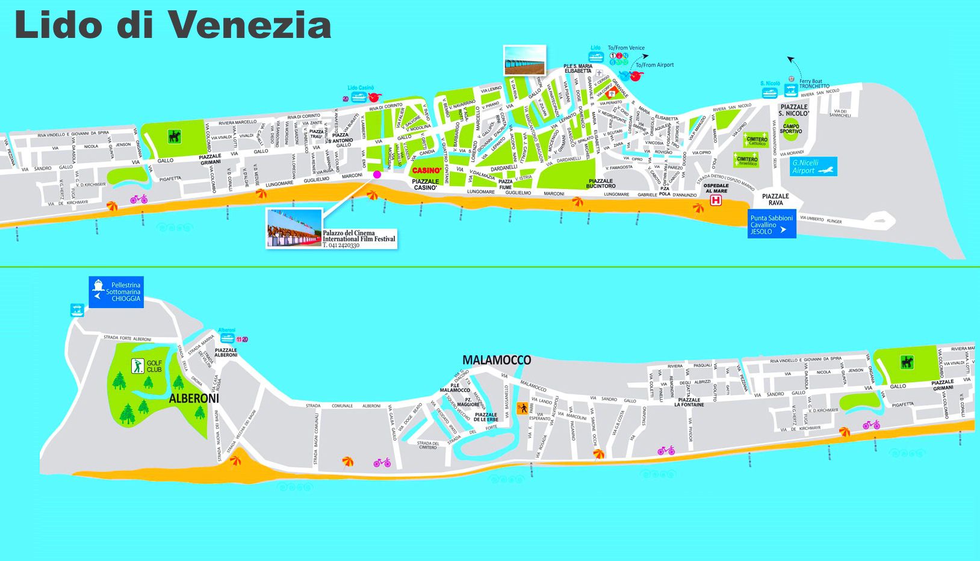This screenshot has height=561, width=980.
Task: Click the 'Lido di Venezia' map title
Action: pyautogui.click(x=173, y=25)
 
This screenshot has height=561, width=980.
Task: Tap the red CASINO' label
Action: pyautogui.click(x=426, y=170)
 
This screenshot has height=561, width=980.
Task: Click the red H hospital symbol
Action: pyautogui.click(x=716, y=200)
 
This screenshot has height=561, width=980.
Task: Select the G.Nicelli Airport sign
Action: pyautogui.click(x=813, y=167)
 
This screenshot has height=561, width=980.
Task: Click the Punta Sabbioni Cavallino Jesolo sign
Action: pyautogui.click(x=772, y=225)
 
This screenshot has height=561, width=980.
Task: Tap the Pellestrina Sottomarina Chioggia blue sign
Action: pyautogui.click(x=117, y=292)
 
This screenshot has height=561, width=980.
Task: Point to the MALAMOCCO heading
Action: pyautogui.click(x=497, y=360)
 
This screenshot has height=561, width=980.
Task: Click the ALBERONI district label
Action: pyautogui.click(x=194, y=398)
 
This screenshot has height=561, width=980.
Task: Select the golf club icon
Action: pyautogui.click(x=138, y=365)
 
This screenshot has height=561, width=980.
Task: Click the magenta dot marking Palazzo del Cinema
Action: pyautogui.click(x=377, y=175)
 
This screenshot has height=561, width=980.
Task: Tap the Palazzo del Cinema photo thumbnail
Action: pyautogui.click(x=294, y=228)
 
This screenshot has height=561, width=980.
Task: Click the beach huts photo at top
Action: pyautogui.click(x=525, y=60)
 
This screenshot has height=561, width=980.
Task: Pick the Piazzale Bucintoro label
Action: pyautogui.click(x=601, y=184)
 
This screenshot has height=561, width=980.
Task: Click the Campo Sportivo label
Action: pyautogui.click(x=791, y=128)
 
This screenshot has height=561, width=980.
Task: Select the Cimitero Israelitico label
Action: pyautogui.click(x=747, y=161)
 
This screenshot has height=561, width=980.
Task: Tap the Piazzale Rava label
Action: pyautogui.click(x=775, y=199)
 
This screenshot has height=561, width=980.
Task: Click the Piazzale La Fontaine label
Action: pyautogui.click(x=689, y=402)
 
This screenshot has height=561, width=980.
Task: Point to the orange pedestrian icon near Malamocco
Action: pyautogui.click(x=523, y=408)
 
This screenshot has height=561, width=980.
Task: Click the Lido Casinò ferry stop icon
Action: pyautogui.click(x=359, y=97)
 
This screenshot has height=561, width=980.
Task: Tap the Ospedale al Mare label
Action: pyautogui.click(x=716, y=188)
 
